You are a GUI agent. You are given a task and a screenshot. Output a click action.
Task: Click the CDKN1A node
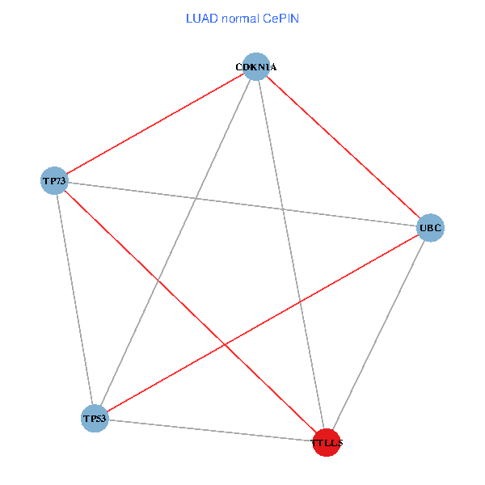tap(255, 67)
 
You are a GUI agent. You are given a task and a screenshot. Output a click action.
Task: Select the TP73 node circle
tap(53, 180)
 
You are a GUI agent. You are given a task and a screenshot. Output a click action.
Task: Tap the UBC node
tap(430, 228)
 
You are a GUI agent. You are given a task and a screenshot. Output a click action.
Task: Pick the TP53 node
tap(95, 419)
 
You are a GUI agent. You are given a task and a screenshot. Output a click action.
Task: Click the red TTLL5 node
tap(326, 442)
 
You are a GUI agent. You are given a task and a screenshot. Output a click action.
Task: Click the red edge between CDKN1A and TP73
tap(154, 124)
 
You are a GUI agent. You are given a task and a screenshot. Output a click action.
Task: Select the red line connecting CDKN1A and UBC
tap(343, 147)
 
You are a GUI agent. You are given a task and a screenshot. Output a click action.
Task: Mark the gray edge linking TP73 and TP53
tap(74, 299)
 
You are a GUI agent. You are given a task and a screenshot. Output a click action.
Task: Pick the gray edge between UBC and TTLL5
tap(378, 335)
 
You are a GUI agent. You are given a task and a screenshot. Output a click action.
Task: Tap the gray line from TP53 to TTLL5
tap(210, 430)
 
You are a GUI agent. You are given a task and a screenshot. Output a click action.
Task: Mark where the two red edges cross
tap(225, 344)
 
